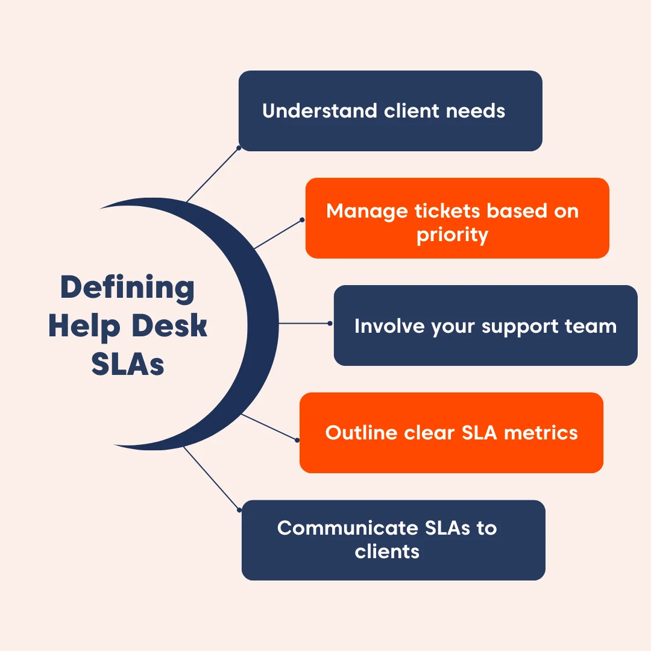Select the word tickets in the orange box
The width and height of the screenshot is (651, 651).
click(x=448, y=211)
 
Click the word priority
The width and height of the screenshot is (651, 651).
click(x=452, y=234)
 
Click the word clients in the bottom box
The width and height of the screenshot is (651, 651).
click(x=387, y=551)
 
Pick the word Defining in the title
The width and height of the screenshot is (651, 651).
click(x=128, y=288)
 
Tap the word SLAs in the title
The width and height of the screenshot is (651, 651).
click(x=128, y=365)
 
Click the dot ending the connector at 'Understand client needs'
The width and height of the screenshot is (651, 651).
click(x=239, y=147)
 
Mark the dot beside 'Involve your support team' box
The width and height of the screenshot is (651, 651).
click(x=330, y=323)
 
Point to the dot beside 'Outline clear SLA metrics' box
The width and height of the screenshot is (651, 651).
click(x=297, y=440)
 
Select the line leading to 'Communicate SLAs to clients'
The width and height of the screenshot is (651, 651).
click(x=211, y=478)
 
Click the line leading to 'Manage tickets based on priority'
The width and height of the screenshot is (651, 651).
click(x=278, y=233)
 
